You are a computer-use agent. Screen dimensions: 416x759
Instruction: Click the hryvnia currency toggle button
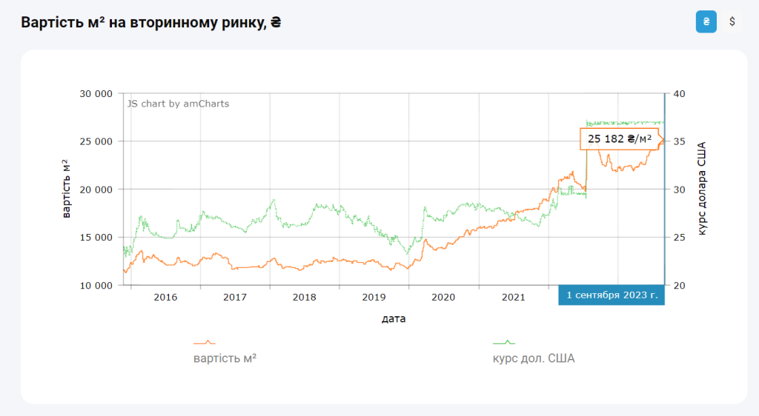coord(706,21)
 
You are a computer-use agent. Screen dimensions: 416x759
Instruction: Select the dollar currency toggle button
coord(732,21)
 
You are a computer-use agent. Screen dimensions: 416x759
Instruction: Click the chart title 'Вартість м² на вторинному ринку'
coord(151,22)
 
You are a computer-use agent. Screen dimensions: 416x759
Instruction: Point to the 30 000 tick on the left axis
coord(95,94)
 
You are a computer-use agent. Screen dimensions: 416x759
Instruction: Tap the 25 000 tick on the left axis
coord(95,141)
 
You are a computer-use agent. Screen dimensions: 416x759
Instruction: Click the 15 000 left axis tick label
coord(95,238)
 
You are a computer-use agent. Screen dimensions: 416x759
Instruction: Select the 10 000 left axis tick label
coord(95,285)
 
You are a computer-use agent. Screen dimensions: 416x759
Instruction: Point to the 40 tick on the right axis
coord(680,94)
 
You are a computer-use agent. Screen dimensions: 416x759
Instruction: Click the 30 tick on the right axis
coord(680,189)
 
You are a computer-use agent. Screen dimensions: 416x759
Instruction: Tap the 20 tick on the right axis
coord(680,285)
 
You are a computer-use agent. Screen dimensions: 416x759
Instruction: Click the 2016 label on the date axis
coord(165,298)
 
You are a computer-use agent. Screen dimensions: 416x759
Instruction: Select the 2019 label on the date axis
coord(374,298)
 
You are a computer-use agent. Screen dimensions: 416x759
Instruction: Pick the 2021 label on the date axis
coord(513,298)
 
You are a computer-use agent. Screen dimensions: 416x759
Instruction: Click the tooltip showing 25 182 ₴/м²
coord(620,138)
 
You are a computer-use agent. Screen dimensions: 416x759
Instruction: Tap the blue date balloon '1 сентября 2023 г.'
coord(611,295)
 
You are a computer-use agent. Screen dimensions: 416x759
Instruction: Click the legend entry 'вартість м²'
coord(225,358)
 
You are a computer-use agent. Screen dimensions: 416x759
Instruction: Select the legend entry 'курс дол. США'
coord(534,358)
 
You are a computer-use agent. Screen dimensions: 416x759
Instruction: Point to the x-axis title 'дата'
coord(394,319)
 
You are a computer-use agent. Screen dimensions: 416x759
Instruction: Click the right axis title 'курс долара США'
coord(702,189)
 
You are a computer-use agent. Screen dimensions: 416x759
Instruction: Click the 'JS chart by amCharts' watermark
coord(178,104)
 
